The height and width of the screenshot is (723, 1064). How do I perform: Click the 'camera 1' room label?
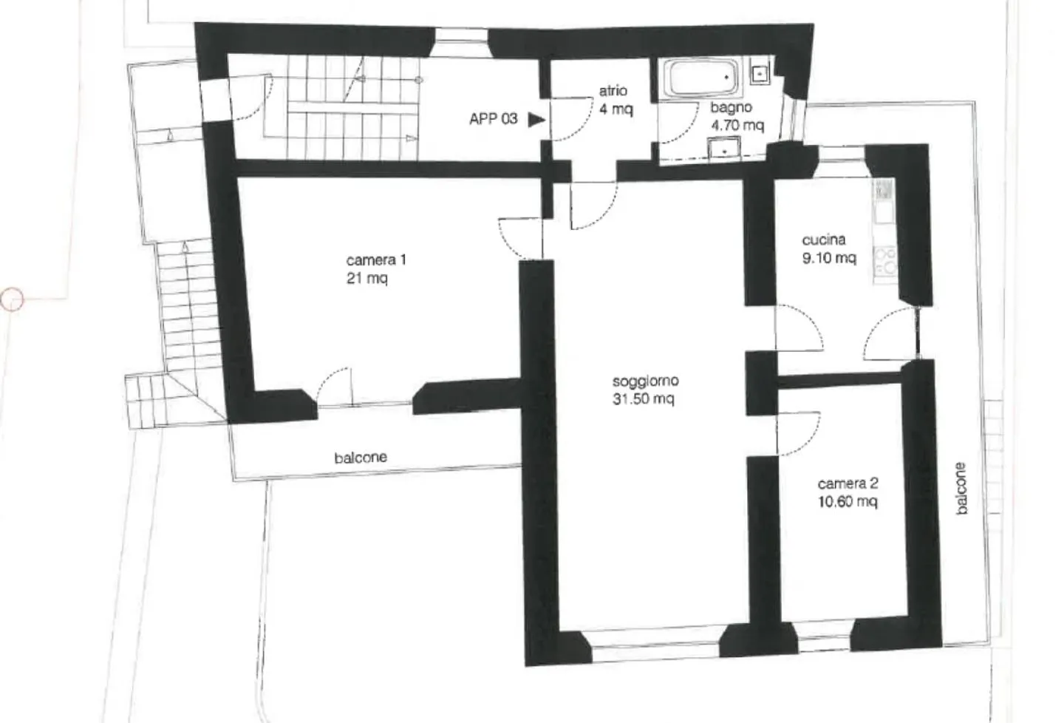pos(376,260)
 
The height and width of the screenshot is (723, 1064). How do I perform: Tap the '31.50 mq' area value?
pos(643,398)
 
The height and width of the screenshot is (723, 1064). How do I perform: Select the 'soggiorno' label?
pos(646,381)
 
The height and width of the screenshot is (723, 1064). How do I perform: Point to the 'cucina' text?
pos(824,240)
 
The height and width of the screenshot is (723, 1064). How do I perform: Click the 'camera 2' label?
pos(848,484)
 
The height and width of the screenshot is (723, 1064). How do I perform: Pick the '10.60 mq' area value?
pos(848,502)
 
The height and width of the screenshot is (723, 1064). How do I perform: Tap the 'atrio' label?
pos(613,90)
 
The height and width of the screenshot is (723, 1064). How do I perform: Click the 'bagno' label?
pos(731,108)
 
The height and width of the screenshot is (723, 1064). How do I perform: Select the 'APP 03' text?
pos(493,119)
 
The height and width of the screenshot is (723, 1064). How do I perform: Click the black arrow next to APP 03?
pos(536,120)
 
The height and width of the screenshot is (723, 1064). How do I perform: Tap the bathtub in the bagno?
pos(700,78)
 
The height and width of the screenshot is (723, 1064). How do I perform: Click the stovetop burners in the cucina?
pos(884,261)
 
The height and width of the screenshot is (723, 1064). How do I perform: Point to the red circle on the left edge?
pos(12,299)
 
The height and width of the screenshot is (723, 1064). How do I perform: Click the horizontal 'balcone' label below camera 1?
pos(361,458)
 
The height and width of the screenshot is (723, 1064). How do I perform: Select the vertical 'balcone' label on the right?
pos(961,488)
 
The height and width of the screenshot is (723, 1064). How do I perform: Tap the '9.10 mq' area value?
pos(829,258)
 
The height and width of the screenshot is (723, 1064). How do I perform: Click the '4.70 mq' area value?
pos(737,126)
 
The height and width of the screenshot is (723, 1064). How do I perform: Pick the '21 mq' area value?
pos(367,278)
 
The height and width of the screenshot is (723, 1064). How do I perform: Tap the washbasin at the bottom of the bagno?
pos(724,147)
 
